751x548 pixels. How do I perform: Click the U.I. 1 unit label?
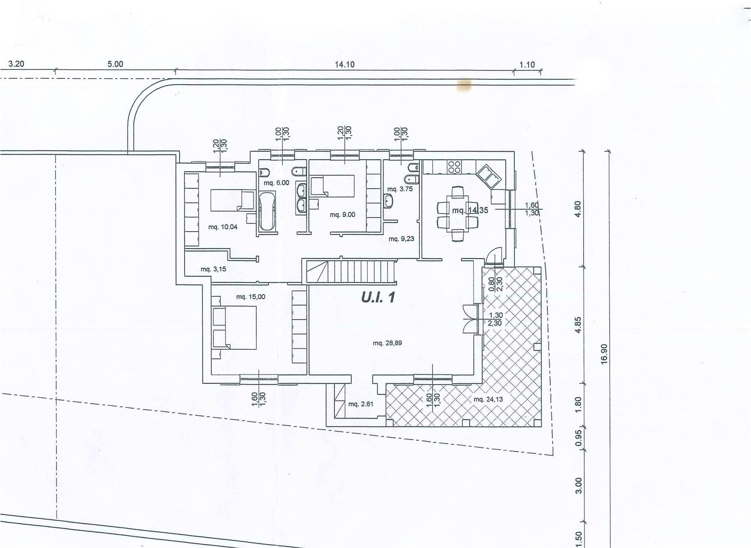[x=378, y=297]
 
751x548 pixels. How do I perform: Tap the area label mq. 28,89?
[x=387, y=343]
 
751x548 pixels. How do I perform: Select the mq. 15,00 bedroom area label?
[x=250, y=297]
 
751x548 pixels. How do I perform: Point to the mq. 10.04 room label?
[x=223, y=227]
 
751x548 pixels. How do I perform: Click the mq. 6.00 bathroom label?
[x=276, y=183]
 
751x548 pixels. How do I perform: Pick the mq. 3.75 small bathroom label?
[x=400, y=189]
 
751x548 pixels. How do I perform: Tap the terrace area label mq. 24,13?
[x=488, y=399]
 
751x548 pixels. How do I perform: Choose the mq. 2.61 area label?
[x=361, y=404]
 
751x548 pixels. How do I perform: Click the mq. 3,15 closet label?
[x=213, y=269]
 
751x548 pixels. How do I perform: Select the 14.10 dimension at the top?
[x=345, y=64]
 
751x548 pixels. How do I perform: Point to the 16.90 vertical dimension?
[x=604, y=354]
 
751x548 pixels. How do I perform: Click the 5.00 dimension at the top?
[x=115, y=64]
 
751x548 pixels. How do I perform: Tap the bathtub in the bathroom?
[x=267, y=211]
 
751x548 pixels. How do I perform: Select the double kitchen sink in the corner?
[x=489, y=176]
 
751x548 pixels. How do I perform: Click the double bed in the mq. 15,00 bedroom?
[x=234, y=328]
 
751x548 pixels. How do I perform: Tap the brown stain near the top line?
[x=464, y=85]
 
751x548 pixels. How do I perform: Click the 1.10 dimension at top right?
[x=527, y=65]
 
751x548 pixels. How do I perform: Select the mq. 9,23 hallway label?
[x=401, y=239]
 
